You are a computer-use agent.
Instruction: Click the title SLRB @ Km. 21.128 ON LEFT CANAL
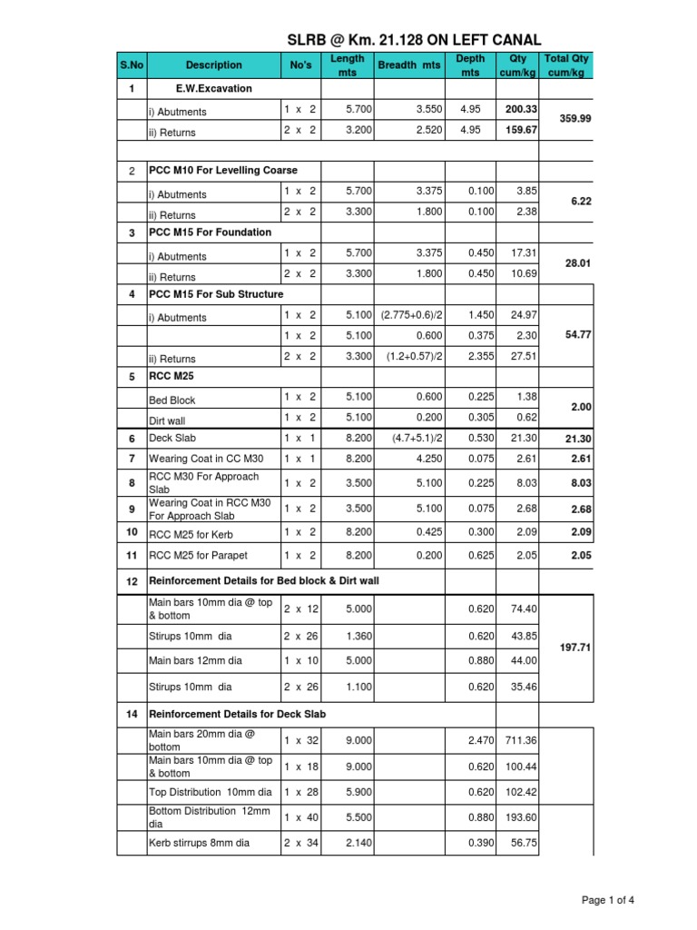pyautogui.click(x=414, y=40)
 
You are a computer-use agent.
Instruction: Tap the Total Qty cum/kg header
pyautogui.click(x=566, y=65)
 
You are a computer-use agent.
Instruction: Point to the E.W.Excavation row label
pyautogui.click(x=214, y=89)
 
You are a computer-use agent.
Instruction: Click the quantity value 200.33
pyautogui.click(x=522, y=109)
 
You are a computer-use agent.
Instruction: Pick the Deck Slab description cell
pyautogui.click(x=172, y=439)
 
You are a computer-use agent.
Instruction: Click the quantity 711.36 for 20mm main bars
pyautogui.click(x=521, y=741)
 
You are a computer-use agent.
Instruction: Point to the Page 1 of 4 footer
pyautogui.click(x=608, y=900)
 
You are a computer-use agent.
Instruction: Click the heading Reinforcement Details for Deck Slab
pyautogui.click(x=237, y=715)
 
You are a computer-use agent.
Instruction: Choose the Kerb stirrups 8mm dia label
pyautogui.click(x=200, y=843)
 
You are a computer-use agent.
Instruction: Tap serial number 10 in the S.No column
pyautogui.click(x=132, y=531)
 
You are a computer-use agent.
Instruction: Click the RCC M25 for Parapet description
pyautogui.click(x=198, y=555)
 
